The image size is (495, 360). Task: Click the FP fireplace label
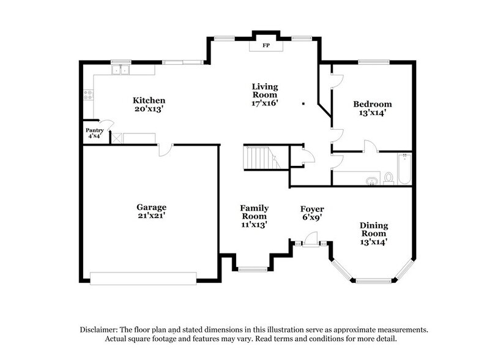click(266, 45)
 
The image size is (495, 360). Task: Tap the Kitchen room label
click(150, 100)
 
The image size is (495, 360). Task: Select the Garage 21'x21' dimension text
click(151, 216)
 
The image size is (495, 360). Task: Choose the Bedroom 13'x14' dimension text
click(372, 113)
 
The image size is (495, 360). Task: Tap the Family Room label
click(254, 212)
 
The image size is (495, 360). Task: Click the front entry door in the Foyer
click(311, 244)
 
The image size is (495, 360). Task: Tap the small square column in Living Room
click(303, 103)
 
